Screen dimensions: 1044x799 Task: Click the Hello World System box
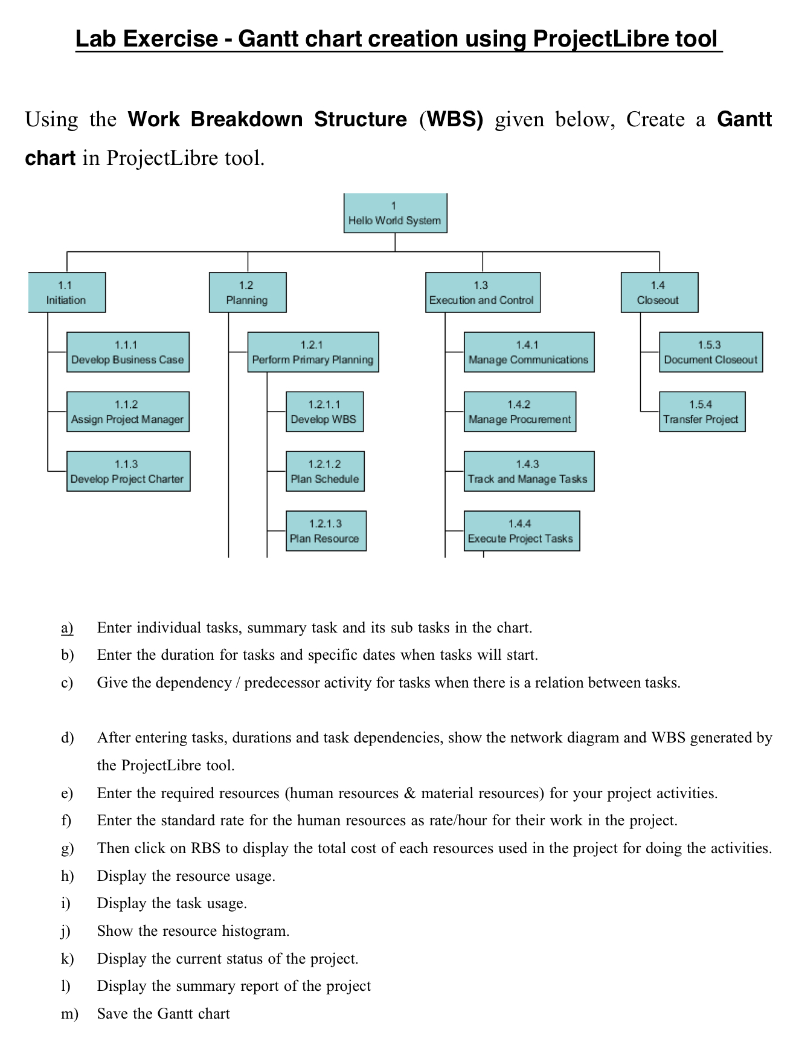pos(395,213)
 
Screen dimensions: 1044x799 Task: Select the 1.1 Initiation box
pos(67,292)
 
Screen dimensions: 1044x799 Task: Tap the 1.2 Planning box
pos(248,292)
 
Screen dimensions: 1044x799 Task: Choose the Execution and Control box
pos(483,292)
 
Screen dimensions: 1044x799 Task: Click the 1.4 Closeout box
pos(659,292)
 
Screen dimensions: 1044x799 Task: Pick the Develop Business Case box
pos(127,352)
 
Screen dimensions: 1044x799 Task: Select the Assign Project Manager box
pos(127,412)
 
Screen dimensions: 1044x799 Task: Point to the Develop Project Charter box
pos(128,471)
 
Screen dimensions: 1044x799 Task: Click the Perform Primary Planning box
pos(313,352)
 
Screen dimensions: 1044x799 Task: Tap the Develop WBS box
pos(324,412)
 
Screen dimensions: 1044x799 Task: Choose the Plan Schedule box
pos(325,471)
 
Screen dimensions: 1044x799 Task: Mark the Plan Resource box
pos(326,531)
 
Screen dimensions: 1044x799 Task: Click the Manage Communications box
pos(528,352)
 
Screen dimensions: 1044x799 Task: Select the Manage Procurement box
pos(519,412)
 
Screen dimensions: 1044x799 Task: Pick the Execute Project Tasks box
pos(521,531)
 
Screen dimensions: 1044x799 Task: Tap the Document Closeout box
pos(710,352)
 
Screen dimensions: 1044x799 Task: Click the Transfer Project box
pos(702,412)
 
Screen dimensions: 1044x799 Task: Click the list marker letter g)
pos(67,848)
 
